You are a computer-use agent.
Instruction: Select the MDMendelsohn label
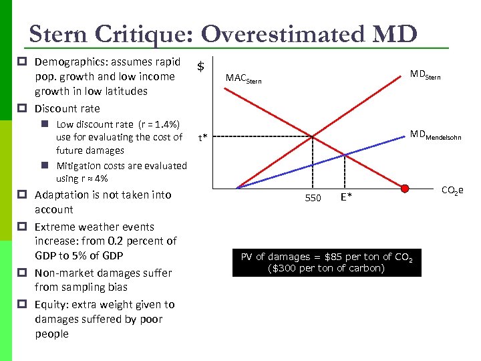[435, 136]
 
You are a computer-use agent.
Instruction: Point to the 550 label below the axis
[313, 198]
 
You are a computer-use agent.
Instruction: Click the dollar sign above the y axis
[200, 66]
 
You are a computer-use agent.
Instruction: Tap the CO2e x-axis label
[452, 191]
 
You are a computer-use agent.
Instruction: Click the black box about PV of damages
[326, 262]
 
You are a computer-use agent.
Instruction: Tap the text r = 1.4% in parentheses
[158, 124]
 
